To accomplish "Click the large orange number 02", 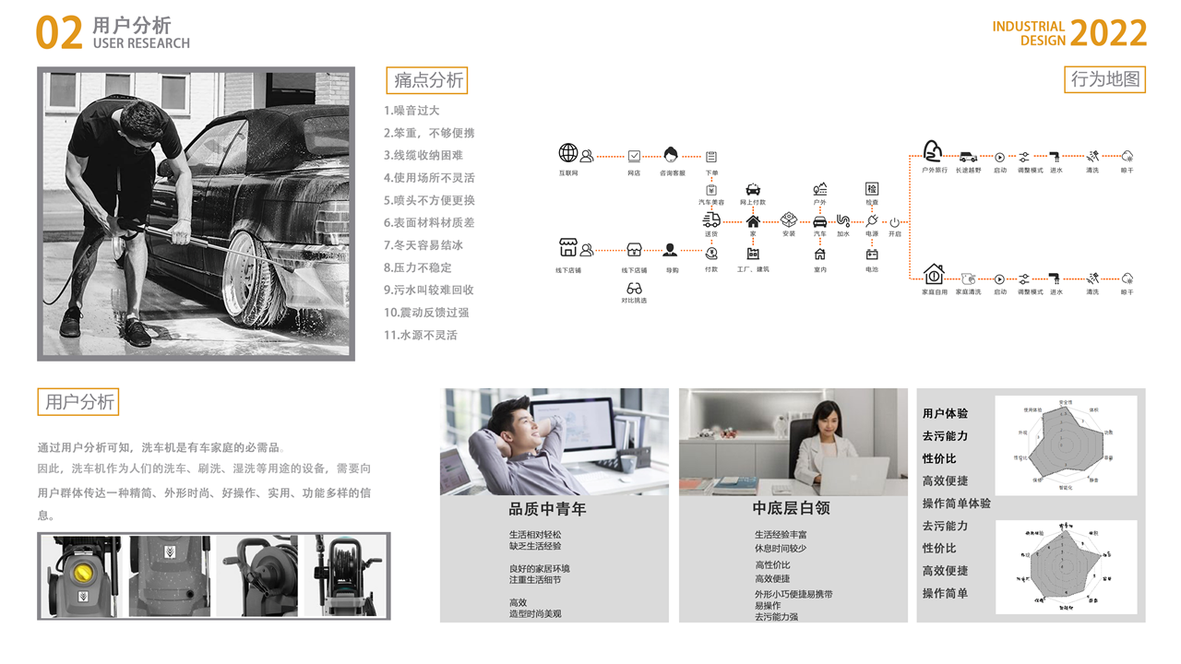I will [x=59, y=34].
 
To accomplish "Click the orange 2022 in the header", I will [x=1108, y=34].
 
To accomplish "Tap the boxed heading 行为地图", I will [x=1104, y=79].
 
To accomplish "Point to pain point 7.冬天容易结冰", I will [x=423, y=245].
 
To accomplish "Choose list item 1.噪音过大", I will [x=412, y=111].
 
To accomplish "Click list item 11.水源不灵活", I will [x=421, y=335].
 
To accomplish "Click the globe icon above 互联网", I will [x=568, y=153].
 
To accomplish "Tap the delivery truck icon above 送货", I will [x=711, y=219].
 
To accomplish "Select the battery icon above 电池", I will [x=872, y=255].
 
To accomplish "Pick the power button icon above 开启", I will [x=894, y=222].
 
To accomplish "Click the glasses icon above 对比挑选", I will [x=634, y=289].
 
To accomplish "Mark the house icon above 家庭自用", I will [x=934, y=274].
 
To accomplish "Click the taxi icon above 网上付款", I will [x=753, y=189].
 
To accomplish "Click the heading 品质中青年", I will [x=547, y=509].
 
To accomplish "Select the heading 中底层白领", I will [x=791, y=509].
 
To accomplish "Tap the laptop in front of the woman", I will [x=853, y=477].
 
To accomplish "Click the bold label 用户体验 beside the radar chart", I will [x=945, y=414].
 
